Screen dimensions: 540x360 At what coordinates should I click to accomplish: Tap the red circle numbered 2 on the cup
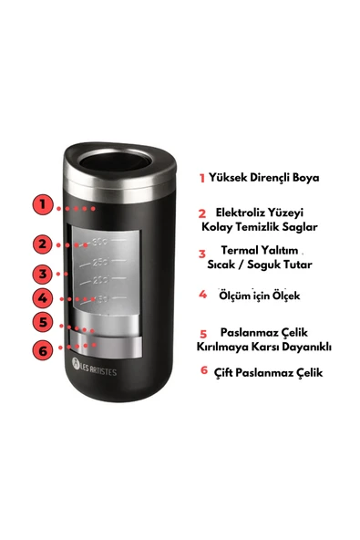[x=42, y=244]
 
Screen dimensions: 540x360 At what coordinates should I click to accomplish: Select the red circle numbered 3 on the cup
[x=42, y=274]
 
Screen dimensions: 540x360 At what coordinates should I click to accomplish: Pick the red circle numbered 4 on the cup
[x=42, y=297]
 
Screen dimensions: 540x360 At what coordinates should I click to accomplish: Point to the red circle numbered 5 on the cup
[x=42, y=322]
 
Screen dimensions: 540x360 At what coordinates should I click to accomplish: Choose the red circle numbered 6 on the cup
[x=42, y=349]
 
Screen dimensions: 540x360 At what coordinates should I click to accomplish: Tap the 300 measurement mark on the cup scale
[x=100, y=242]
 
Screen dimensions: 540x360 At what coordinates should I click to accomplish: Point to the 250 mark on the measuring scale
[x=100, y=262]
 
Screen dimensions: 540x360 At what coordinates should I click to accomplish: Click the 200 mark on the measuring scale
[x=100, y=280]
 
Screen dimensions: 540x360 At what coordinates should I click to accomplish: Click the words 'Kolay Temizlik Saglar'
[x=260, y=226]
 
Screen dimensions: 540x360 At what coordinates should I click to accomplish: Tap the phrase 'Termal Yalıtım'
[x=260, y=249]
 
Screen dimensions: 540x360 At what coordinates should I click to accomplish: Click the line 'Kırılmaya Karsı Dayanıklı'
[x=264, y=347]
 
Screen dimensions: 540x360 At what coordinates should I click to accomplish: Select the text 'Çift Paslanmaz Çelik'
[x=267, y=372]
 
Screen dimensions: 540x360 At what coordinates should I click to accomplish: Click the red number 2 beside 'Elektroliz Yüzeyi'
[x=201, y=213]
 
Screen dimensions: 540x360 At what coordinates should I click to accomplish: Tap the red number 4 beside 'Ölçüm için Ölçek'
[x=202, y=295]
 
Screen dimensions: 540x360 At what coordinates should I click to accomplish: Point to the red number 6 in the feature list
[x=203, y=371]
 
